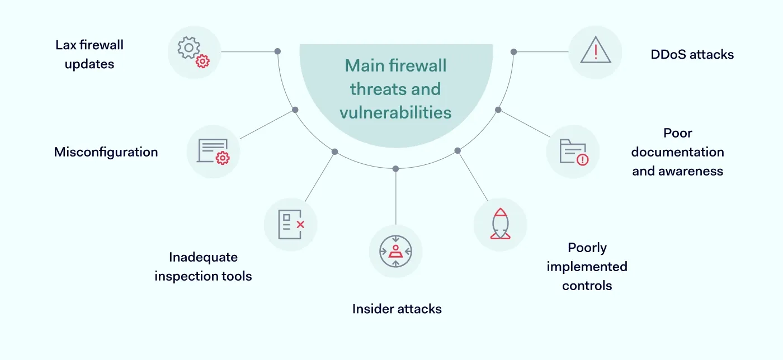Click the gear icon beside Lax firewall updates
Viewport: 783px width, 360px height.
[194, 52]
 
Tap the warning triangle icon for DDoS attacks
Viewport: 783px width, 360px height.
[595, 52]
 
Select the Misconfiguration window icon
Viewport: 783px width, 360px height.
[213, 151]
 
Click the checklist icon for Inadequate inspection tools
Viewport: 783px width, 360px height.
[290, 224]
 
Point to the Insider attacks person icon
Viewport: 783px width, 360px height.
[395, 251]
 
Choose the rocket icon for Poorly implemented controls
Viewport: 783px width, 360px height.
[500, 224]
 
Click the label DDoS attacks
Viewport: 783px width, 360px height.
[692, 54]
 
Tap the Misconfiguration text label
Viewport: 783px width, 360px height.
[106, 151]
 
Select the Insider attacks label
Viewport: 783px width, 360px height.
[397, 309]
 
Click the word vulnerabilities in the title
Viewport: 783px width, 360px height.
[395, 112]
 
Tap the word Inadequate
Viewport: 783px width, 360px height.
[203, 257]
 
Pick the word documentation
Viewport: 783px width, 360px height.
[677, 152]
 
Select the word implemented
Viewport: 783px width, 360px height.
[587, 267]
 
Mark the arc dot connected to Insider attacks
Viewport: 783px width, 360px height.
[395, 168]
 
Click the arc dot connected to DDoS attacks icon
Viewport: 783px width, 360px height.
[513, 51]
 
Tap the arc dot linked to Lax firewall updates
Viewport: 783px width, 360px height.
[277, 51]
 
